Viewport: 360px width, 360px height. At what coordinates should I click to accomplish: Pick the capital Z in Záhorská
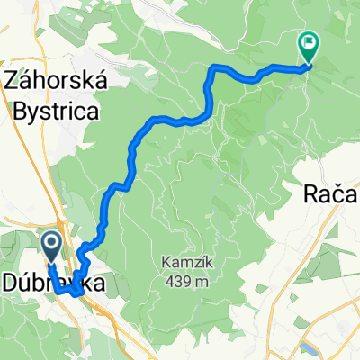[12, 82]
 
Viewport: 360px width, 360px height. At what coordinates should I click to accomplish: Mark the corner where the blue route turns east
[211, 68]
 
